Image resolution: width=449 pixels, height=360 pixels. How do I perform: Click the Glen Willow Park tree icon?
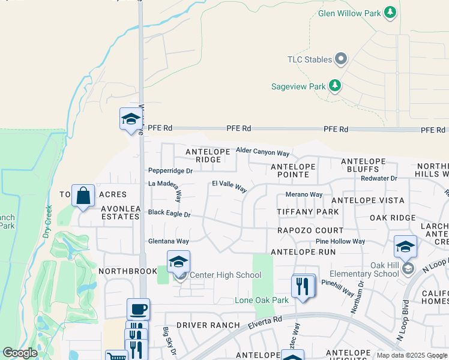click(390, 13)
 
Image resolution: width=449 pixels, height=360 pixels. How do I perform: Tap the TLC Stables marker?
click(342, 59)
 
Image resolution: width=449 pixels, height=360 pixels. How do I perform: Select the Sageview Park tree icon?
click(335, 86)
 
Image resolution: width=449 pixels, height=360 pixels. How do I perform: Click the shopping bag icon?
click(83, 196)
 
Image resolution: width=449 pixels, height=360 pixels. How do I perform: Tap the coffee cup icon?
click(138, 310)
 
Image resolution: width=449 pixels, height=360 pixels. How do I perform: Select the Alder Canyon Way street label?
click(263, 153)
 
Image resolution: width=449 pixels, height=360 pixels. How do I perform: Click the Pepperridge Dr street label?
click(170, 171)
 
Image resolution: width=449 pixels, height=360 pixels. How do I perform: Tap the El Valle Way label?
click(229, 187)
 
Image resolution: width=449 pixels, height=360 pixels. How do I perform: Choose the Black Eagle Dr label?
click(169, 214)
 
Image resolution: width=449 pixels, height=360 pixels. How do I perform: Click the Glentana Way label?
click(169, 241)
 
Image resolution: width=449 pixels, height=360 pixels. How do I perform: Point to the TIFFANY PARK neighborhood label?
click(308, 212)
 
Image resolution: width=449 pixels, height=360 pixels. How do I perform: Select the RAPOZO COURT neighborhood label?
click(310, 230)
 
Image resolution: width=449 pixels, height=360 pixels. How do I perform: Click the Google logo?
click(20, 353)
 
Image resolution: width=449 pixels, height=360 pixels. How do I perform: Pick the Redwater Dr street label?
click(379, 178)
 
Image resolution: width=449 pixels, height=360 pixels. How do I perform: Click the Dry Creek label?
click(47, 222)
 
